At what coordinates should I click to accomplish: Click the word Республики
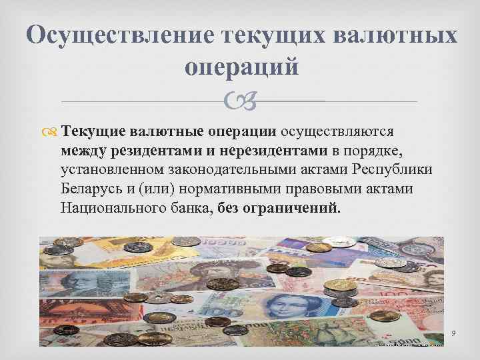[393, 169]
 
